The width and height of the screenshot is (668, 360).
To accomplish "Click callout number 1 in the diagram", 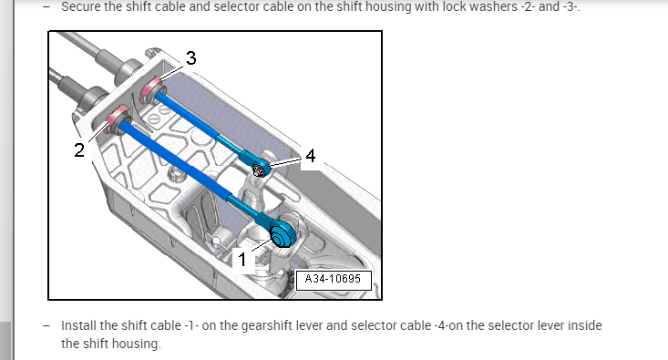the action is pyautogui.click(x=242, y=260).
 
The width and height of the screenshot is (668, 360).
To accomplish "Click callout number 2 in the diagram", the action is pyautogui.click(x=79, y=150).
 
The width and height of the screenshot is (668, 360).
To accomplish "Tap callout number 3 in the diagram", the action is pyautogui.click(x=190, y=58).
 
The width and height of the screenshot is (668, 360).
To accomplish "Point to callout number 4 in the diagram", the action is pyautogui.click(x=311, y=156).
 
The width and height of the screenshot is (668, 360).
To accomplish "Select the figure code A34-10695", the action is pyautogui.click(x=334, y=279).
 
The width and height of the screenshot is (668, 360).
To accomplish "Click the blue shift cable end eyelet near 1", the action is pyautogui.click(x=282, y=234).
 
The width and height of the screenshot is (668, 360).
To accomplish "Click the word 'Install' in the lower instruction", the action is pyautogui.click(x=78, y=325).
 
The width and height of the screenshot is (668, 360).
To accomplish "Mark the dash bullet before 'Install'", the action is pyautogui.click(x=46, y=326).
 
